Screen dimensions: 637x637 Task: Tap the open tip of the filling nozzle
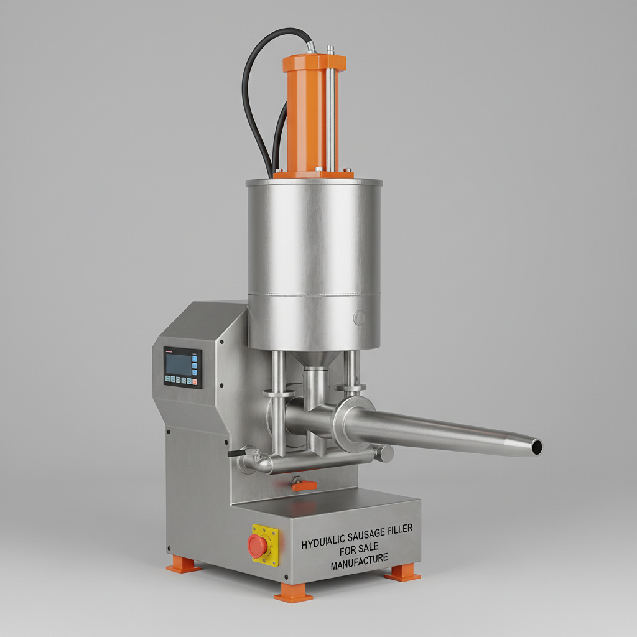[536, 446]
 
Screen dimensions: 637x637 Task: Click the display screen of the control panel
[178, 365]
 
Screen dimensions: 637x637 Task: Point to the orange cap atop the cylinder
[314, 63]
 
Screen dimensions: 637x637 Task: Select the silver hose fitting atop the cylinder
[310, 47]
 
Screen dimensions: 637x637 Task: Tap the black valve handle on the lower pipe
[235, 454]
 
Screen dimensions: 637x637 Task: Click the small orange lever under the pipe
[303, 484]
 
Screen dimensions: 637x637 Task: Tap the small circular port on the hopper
[360, 318]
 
